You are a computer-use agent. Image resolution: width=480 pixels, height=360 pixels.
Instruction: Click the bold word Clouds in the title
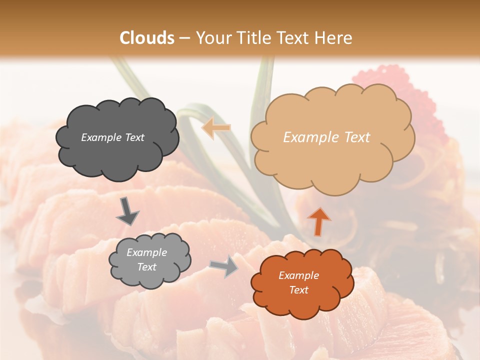(x=147, y=38)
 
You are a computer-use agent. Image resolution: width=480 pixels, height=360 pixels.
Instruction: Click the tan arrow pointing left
(x=216, y=128)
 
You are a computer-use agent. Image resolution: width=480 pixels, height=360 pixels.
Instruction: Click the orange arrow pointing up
(x=318, y=221)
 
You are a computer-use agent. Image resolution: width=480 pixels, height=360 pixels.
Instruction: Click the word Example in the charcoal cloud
(x=100, y=137)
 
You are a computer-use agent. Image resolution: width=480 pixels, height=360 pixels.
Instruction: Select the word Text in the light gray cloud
(x=147, y=267)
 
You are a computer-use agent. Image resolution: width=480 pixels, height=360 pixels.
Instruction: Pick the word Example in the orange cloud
(x=298, y=275)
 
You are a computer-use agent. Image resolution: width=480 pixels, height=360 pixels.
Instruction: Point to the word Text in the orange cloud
(x=298, y=290)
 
